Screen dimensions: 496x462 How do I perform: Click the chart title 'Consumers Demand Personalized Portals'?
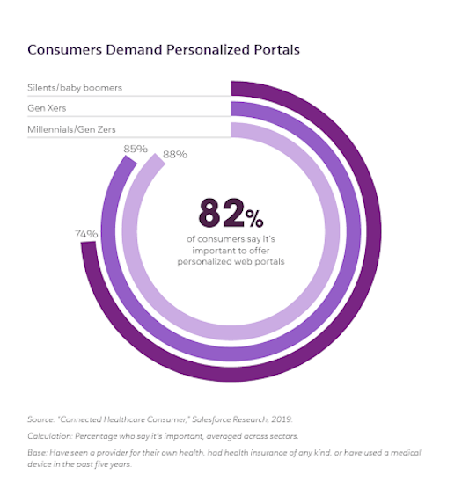click(164, 49)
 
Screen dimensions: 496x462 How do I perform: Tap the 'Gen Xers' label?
click(51, 108)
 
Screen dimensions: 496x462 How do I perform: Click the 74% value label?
click(86, 234)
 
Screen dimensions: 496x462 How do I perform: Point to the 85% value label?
click(135, 150)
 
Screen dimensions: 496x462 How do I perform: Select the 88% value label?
click(176, 155)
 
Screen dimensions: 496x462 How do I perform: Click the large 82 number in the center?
click(220, 213)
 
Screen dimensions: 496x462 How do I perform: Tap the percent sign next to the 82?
click(253, 217)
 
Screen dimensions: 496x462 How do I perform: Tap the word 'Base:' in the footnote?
click(39, 452)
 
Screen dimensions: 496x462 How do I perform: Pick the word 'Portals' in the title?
click(276, 49)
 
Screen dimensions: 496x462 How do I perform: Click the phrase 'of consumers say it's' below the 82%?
click(231, 239)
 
